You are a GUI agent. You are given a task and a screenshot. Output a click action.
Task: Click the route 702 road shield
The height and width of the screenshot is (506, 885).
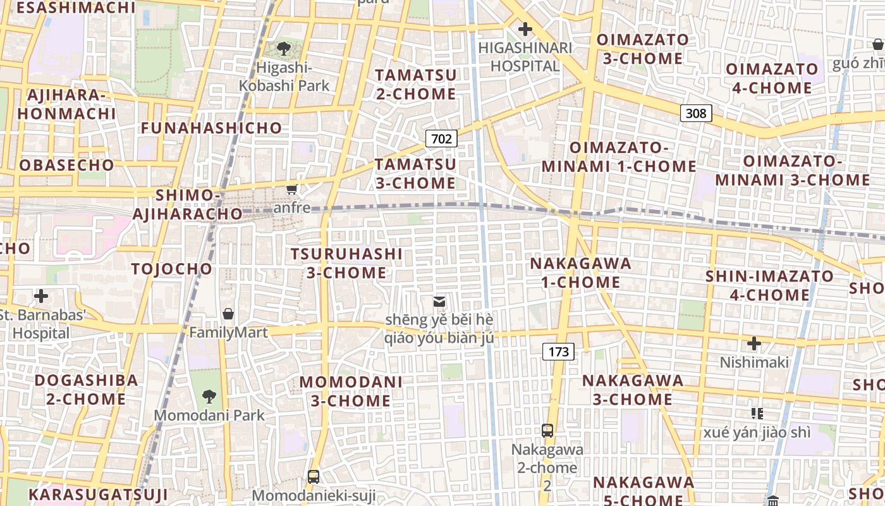click(441, 139)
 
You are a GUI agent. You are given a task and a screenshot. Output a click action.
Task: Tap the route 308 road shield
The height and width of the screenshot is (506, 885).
click(696, 113)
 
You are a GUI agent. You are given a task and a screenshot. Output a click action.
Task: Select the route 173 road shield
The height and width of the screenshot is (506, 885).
click(559, 352)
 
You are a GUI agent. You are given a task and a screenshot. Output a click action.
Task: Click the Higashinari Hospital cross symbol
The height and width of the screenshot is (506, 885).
click(525, 29)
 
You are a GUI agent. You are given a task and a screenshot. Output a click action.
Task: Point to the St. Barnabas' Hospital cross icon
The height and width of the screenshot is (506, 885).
click(41, 296)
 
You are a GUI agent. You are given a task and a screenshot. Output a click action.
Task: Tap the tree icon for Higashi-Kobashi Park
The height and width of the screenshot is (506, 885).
click(284, 48)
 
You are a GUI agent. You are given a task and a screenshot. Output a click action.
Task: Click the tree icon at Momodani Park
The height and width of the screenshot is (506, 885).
click(209, 397)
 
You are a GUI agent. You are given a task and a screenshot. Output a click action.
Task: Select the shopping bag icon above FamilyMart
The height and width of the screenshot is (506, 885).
click(228, 314)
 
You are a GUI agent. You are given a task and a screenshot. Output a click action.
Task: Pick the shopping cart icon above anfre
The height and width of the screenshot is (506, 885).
click(292, 190)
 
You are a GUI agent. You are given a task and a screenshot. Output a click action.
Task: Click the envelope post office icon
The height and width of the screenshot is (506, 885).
click(439, 302)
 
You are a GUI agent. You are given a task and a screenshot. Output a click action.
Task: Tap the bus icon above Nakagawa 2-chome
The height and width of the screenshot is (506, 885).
click(547, 431)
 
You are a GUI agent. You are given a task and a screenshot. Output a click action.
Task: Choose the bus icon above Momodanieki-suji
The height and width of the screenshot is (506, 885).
click(314, 476)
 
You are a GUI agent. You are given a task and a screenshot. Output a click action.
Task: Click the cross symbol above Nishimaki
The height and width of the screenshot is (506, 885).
click(754, 343)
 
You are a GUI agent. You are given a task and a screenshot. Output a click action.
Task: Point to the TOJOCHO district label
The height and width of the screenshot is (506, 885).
click(172, 269)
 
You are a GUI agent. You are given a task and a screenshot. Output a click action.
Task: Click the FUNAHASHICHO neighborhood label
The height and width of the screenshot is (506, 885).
click(211, 128)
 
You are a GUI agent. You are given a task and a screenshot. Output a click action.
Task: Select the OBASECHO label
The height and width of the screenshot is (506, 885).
click(67, 165)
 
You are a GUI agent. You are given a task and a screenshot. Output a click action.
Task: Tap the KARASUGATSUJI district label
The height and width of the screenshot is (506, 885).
click(98, 494)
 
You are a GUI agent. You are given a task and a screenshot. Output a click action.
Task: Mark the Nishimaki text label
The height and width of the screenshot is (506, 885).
click(755, 362)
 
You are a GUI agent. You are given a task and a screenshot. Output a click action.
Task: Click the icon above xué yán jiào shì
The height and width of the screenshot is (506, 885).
click(757, 414)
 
